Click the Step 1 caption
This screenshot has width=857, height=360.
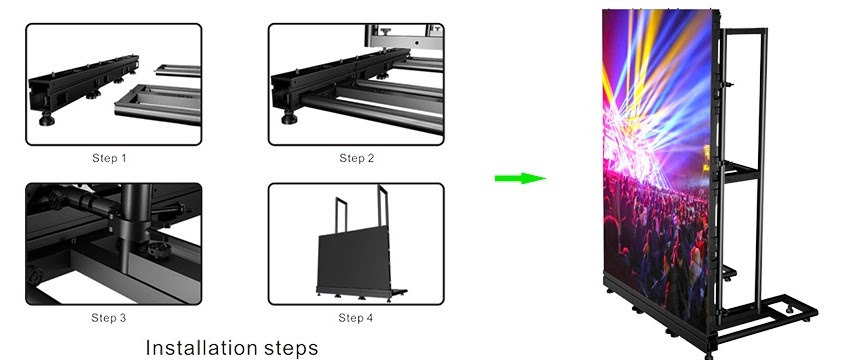pyautogui.click(x=109, y=158)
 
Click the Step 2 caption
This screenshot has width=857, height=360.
pyautogui.click(x=356, y=158)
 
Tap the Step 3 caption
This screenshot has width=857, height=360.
pyautogui.click(x=108, y=318)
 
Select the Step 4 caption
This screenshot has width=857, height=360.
pyautogui.click(x=355, y=318)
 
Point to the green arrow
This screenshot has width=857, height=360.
pyautogui.click(x=520, y=178)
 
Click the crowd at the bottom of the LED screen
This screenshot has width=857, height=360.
pyautogui.click(x=656, y=246)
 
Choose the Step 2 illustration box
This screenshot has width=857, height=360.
pyautogui.click(x=356, y=84)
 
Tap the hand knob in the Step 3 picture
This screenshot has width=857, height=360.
pyautogui.click(x=160, y=250)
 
